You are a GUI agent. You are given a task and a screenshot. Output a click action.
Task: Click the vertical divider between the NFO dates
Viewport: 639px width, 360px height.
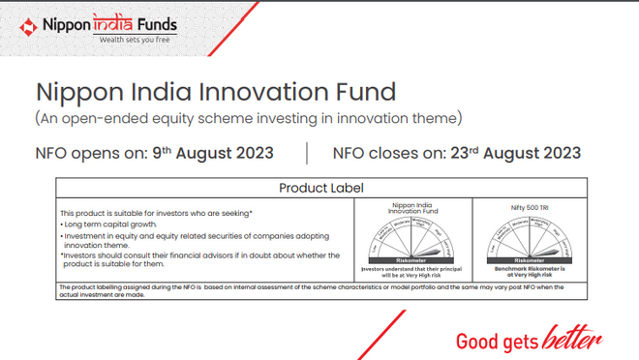point(306,153)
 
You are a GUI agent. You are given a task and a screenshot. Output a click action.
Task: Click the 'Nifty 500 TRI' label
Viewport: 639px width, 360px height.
point(529,207)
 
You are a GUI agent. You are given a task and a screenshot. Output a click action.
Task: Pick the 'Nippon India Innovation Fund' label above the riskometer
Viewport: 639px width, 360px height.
point(415,207)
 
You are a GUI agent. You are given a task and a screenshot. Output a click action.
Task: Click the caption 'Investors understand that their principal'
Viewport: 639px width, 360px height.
point(415,268)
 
